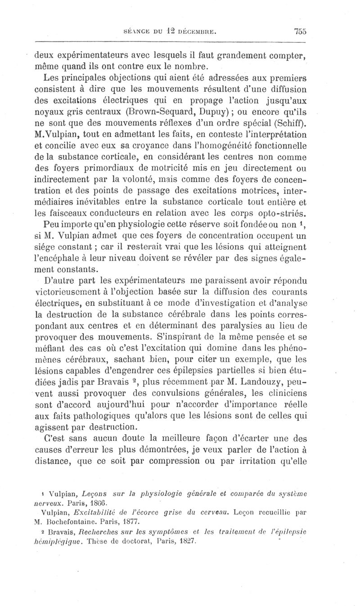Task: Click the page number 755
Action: [300, 31]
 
